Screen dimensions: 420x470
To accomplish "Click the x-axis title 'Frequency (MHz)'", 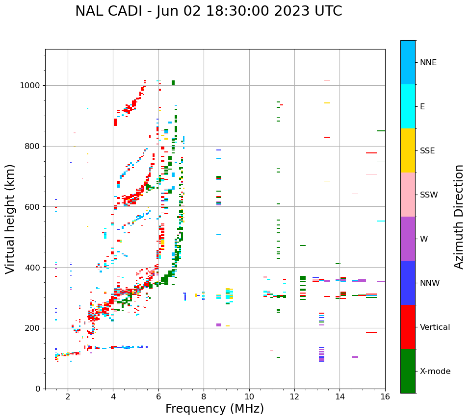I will [x=214, y=409].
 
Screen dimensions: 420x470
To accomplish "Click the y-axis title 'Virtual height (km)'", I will [x=10, y=219].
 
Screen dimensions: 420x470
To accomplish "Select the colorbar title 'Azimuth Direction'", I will [x=459, y=217].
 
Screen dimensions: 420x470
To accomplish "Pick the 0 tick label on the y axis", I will [x=38, y=389].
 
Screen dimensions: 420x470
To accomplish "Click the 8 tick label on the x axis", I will [x=204, y=397].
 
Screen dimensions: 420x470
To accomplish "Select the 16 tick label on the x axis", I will [x=385, y=397].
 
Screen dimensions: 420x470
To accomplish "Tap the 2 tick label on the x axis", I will [x=68, y=397].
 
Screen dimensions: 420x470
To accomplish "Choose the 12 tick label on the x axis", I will [x=294, y=397].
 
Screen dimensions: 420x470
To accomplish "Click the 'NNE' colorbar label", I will [x=428, y=63].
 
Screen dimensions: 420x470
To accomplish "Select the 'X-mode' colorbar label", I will [x=435, y=371].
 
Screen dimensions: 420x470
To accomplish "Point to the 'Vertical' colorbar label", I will [x=435, y=327].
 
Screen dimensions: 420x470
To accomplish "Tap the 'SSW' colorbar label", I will [x=428, y=195].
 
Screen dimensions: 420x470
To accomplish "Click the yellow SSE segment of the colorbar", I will [x=408, y=150].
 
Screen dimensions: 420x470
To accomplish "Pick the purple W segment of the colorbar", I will [x=408, y=239].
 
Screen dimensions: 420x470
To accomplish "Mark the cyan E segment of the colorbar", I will [x=408, y=106].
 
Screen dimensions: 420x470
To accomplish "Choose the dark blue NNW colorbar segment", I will [x=408, y=283].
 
